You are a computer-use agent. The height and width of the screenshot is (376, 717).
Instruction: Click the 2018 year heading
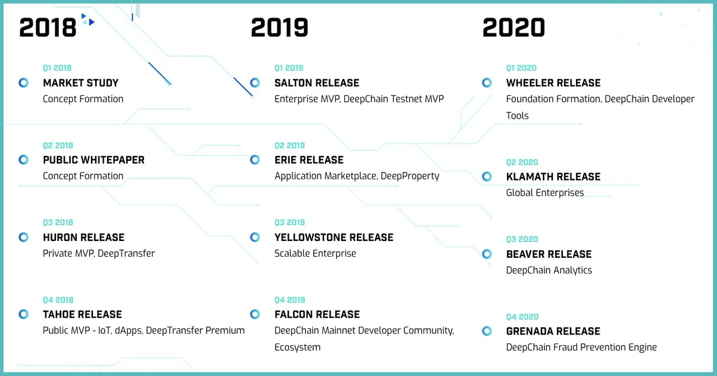click(x=48, y=27)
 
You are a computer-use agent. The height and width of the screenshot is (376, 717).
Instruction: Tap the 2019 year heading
click(x=280, y=27)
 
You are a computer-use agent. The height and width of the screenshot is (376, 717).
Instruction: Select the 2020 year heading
click(x=514, y=27)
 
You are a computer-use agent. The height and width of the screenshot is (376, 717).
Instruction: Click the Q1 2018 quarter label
click(x=57, y=68)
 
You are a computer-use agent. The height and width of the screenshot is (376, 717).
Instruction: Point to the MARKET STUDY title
click(x=81, y=83)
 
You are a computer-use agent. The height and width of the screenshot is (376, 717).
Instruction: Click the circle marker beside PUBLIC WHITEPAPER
click(x=24, y=160)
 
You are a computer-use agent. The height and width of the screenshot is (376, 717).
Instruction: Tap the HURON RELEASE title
click(x=83, y=238)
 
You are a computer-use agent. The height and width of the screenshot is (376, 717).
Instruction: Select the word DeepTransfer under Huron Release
click(x=126, y=253)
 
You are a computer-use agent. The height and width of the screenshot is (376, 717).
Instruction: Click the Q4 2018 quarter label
click(x=58, y=300)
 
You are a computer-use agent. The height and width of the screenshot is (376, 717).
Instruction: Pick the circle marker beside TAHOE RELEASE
click(x=24, y=314)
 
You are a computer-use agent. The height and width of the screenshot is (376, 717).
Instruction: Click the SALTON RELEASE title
click(x=317, y=83)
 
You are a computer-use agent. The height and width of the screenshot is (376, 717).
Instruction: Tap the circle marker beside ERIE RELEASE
click(x=255, y=160)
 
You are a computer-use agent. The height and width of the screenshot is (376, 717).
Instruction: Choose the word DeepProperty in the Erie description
click(x=409, y=176)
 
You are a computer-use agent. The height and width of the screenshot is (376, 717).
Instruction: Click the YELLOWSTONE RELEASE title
click(x=334, y=238)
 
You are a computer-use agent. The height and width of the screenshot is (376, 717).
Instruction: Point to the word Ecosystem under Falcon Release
click(x=297, y=347)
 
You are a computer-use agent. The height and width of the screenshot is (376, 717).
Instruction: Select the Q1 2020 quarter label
click(x=521, y=68)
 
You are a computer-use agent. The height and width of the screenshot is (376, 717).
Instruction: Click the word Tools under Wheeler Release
click(x=517, y=115)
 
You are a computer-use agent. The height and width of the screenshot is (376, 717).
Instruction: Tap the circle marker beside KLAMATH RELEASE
click(x=487, y=177)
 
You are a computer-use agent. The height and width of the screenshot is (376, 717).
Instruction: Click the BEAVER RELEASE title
click(x=548, y=254)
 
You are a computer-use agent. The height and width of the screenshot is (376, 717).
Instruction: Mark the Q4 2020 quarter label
click(x=522, y=317)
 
